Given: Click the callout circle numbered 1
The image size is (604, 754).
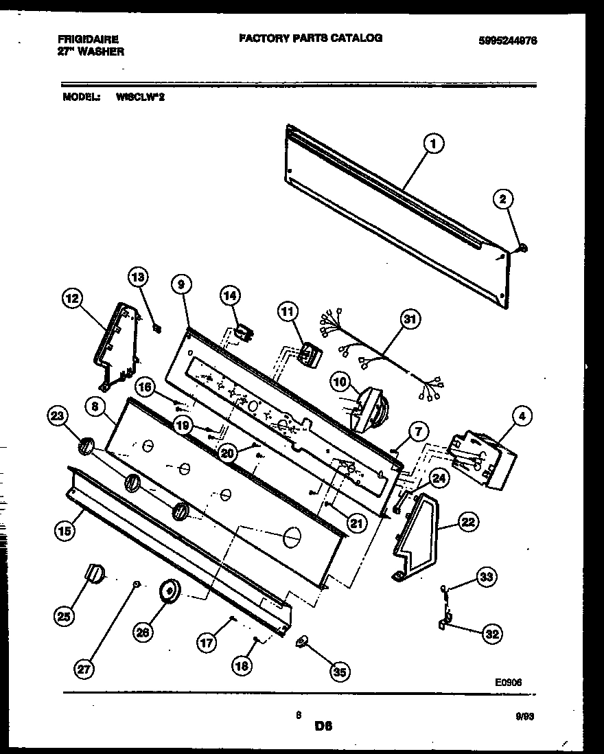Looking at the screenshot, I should pos(432,144).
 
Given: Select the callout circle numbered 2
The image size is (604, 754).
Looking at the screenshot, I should pos(502,200).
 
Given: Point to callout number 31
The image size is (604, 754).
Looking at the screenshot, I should pos(410,319).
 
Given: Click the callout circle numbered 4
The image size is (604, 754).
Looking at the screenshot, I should pos(522,415).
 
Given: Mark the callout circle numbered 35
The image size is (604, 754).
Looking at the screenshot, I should pos(338,672).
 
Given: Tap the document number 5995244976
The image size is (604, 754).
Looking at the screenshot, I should pos(507,41).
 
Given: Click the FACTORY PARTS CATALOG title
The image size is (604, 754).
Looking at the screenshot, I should pos(310,38).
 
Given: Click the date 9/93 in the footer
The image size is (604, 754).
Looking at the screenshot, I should pos(524,715).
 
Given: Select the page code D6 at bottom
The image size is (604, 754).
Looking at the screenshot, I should pos(323,725).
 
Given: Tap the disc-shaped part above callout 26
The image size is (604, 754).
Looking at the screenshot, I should pos(168,590).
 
